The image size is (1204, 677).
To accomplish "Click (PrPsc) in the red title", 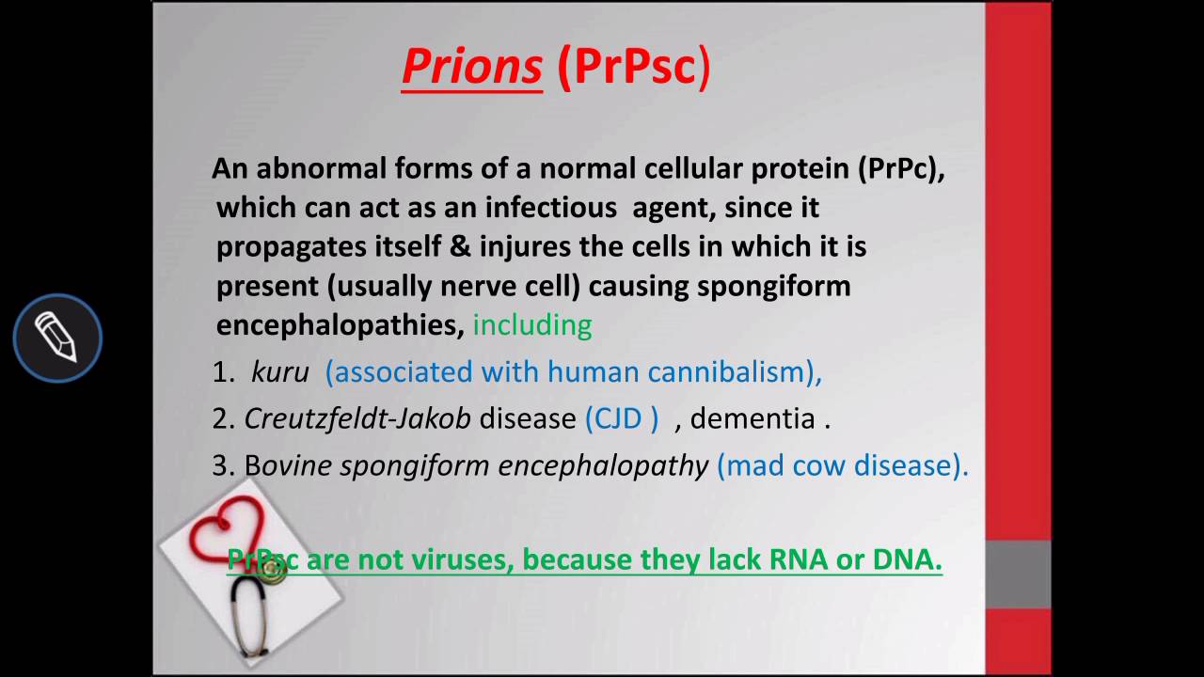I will point(633,68).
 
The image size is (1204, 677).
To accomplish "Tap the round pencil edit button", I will point(57,338).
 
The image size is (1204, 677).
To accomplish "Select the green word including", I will point(531,325).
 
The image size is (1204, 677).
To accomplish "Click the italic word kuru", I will point(279,372).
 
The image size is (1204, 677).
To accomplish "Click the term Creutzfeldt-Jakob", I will point(357,418).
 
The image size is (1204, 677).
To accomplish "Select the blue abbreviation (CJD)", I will point(622,418).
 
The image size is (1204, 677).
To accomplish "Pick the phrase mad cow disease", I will point(842,465).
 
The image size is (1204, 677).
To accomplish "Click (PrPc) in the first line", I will point(900,169).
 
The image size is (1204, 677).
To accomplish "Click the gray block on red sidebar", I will point(1018,574).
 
